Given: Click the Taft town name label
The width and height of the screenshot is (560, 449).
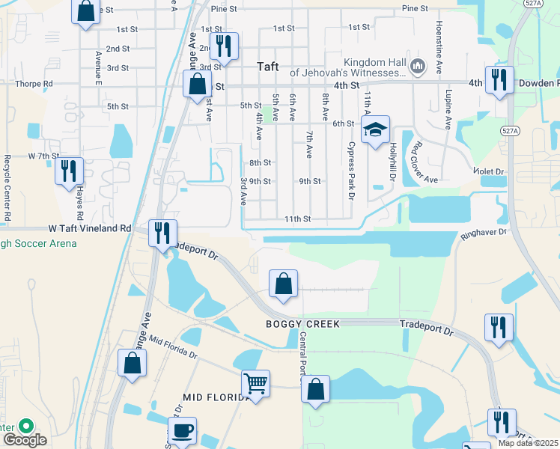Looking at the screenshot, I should tap(268, 67).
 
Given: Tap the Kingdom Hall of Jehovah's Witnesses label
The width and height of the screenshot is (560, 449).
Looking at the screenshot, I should tap(347, 67).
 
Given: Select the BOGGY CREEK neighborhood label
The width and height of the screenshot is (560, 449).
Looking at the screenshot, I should tap(302, 323).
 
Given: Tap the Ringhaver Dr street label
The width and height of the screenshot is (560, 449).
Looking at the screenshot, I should tap(484, 233).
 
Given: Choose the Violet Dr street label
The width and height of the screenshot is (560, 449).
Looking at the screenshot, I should tap(490, 171).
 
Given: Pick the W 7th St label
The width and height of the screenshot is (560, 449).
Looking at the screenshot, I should tap(43, 156).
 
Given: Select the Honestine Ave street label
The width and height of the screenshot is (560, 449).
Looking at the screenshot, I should tap(437, 46).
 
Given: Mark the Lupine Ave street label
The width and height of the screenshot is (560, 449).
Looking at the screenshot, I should tap(449, 109).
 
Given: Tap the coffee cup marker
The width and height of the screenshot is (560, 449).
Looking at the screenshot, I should tap(181, 431).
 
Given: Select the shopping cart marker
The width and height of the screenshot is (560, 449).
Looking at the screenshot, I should tap(255, 383).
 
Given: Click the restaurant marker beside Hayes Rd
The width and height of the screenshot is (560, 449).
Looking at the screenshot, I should tap(68, 171).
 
